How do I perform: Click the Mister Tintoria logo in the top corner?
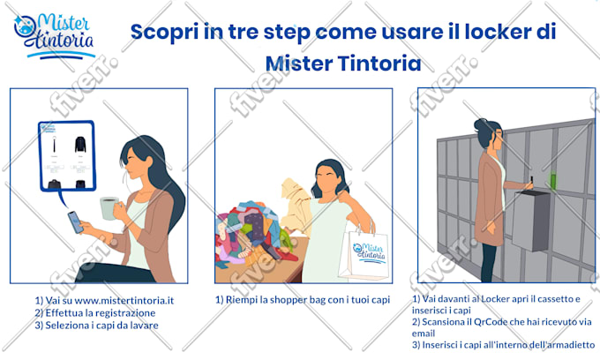coord(54,36)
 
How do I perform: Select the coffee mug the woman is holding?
coord(109,208)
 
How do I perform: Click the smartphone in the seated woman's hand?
coord(75,221)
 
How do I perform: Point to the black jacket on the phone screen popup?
coord(80,145)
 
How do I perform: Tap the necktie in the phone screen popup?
coord(55,145)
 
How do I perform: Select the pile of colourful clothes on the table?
coord(253,233)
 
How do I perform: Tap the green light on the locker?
coord(552,180)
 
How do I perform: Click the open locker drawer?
coord(531,221)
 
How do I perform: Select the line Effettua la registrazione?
coord(95,313)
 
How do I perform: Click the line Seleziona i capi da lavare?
coord(96,326)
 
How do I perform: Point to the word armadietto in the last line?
coord(571,345)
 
